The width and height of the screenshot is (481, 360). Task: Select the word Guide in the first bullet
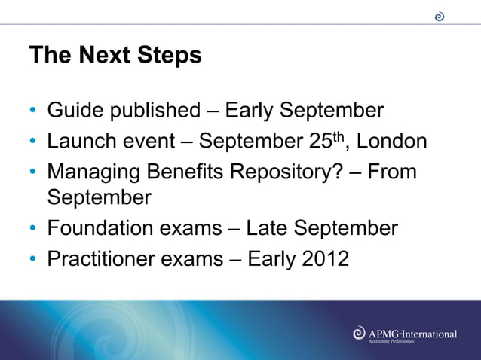coord(75,111)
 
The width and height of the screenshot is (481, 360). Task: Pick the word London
coord(391,142)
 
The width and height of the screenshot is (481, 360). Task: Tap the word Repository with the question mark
coord(293,172)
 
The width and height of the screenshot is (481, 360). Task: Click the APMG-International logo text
coord(412,333)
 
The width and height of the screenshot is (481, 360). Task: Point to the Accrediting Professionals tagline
coord(391,342)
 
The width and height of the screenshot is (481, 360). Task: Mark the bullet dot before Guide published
coord(34,112)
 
